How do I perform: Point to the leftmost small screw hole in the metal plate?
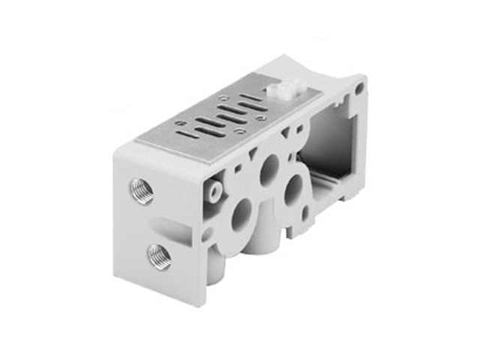(x=179, y=124)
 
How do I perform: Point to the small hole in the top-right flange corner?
(x=359, y=87)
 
